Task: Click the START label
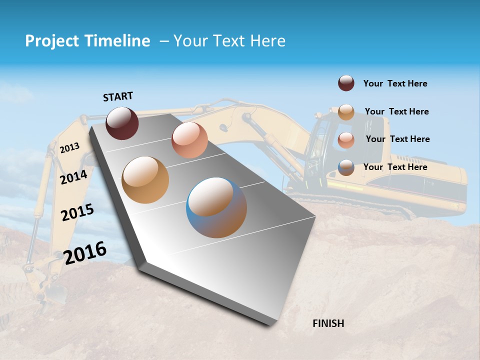118,96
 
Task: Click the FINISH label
328,323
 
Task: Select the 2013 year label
69,147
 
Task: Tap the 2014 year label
73,177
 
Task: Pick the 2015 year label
77,213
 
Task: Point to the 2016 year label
85,252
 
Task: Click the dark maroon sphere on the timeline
122,123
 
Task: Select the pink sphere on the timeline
189,140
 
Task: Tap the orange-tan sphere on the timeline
145,179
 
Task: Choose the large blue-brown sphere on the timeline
216,207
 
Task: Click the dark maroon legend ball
346,83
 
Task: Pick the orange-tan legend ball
346,112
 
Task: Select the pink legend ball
346,140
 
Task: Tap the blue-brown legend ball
346,167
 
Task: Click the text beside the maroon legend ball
395,83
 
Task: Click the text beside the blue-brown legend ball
395,167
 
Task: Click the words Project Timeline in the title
87,41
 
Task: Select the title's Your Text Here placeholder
229,41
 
